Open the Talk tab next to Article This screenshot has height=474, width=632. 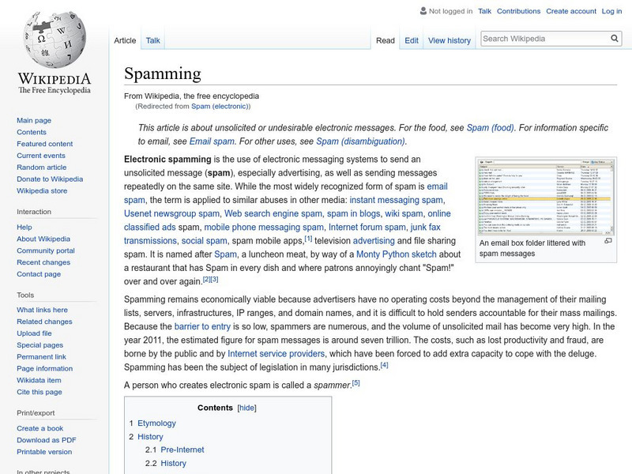(153, 40)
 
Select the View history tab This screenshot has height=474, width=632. (449, 40)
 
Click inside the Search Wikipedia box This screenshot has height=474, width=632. (545, 39)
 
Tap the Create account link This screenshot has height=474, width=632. (570, 11)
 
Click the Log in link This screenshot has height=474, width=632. (611, 11)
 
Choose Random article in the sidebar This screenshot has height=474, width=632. (42, 167)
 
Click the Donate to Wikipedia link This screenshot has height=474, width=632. (50, 179)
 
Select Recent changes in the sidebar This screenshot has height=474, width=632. (43, 262)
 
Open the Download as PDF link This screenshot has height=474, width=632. (47, 440)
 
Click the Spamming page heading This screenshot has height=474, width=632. (163, 74)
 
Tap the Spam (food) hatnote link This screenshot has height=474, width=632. (490, 127)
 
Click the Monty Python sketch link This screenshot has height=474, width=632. (396, 254)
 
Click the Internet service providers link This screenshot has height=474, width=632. (276, 354)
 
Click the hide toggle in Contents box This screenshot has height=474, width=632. (247, 408)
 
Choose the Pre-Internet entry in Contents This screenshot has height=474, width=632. (182, 450)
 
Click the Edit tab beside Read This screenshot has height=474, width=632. (412, 40)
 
